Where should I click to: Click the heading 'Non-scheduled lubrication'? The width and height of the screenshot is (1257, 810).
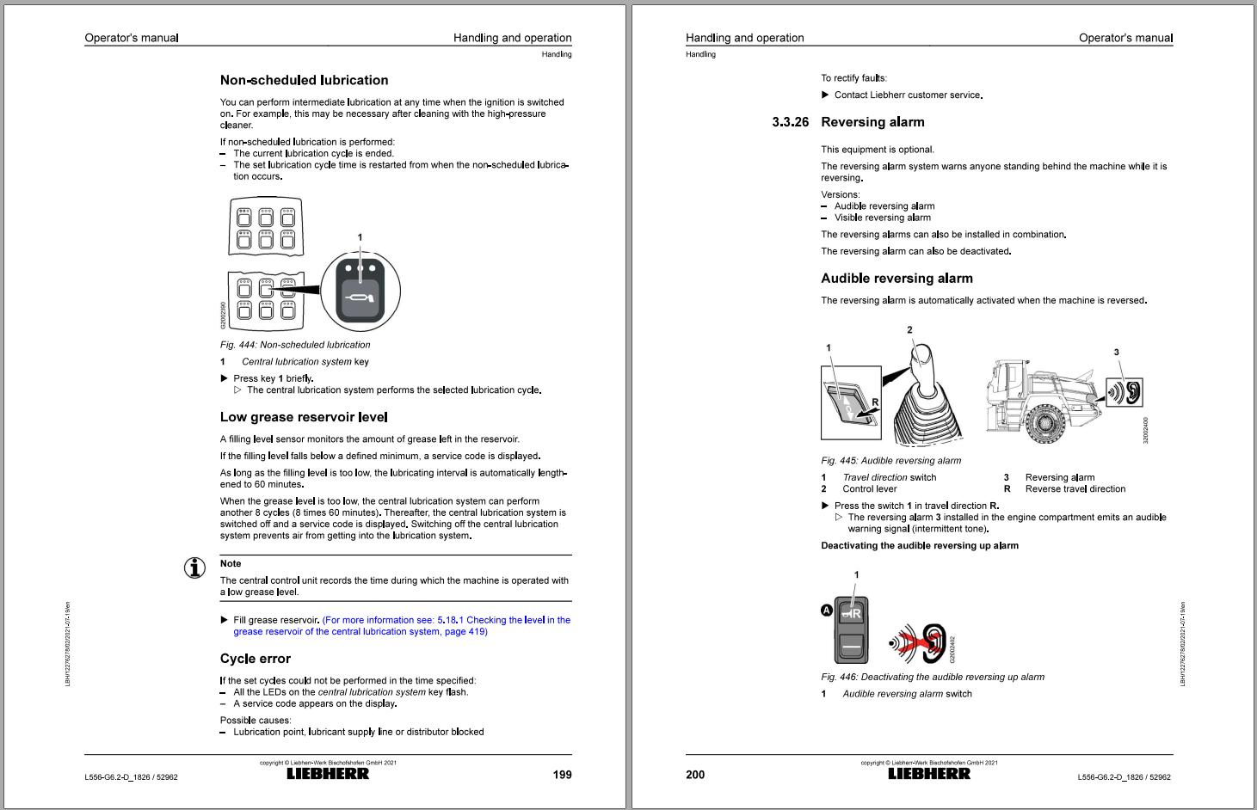pos(304,80)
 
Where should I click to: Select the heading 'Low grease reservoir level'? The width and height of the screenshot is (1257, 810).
pos(304,417)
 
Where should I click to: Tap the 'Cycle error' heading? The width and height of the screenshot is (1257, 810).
pos(256,659)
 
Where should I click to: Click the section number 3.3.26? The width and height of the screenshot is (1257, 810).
pos(790,122)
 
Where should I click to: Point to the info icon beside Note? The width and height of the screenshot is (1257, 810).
pos(195,568)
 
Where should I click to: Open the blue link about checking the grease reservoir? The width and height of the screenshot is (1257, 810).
pos(401,625)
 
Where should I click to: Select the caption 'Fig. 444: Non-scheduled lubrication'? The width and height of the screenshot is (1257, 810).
pos(295,345)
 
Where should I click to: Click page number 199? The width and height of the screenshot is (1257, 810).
pos(562,775)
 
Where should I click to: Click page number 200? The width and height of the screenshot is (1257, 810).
pos(695,775)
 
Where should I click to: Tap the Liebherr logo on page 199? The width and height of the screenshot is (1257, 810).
pos(328,774)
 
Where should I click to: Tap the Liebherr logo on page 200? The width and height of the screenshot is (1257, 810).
pos(929,774)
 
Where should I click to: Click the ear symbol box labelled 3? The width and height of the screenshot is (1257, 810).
pos(1125,392)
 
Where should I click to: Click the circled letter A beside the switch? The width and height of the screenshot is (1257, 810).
pos(827,611)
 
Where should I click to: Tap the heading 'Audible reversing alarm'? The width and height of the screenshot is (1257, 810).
pos(897,279)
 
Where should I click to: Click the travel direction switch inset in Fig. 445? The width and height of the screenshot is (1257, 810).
pos(850,402)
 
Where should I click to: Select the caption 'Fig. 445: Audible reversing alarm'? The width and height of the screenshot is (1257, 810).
pos(890,461)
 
